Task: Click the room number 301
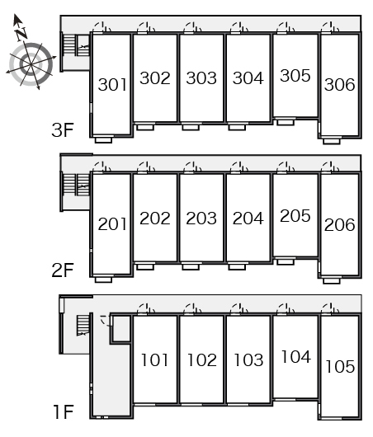click(x=112, y=85)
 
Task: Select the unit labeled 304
click(x=248, y=78)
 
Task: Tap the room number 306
click(x=339, y=85)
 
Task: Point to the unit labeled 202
click(x=155, y=218)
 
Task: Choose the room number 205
click(x=295, y=216)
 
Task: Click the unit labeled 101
click(x=155, y=359)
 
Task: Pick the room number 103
click(x=248, y=359)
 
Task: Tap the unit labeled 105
click(x=340, y=366)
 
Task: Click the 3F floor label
click(x=63, y=130)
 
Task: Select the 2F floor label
click(x=63, y=270)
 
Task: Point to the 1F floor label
click(x=64, y=412)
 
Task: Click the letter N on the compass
click(x=21, y=34)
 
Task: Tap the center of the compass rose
click(x=31, y=64)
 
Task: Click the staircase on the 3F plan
click(x=76, y=45)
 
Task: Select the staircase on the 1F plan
click(x=83, y=325)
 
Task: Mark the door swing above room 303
click(x=193, y=27)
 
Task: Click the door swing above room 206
click(x=330, y=167)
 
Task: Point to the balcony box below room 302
click(x=145, y=127)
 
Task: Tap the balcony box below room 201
click(x=103, y=280)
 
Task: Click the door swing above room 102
click(x=193, y=309)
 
